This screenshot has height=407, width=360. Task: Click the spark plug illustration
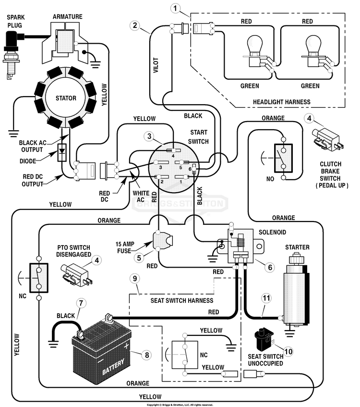12,54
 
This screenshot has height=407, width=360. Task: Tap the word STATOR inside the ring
66,98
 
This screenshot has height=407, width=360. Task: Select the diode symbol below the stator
62,152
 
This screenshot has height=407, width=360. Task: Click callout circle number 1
175,8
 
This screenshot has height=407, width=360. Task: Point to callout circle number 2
135,25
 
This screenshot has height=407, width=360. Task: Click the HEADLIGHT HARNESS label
282,102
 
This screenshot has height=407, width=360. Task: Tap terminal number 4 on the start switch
173,151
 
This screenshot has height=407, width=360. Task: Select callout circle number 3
149,136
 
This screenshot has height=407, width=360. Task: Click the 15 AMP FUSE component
162,241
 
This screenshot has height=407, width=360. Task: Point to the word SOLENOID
272,232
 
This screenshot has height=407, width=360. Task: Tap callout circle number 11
266,298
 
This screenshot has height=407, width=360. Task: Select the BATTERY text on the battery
113,366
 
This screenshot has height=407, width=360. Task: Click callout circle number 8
147,355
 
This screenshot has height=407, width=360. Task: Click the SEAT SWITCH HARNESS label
182,301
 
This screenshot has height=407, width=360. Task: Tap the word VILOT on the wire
156,65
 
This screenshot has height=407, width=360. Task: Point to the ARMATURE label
67,17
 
